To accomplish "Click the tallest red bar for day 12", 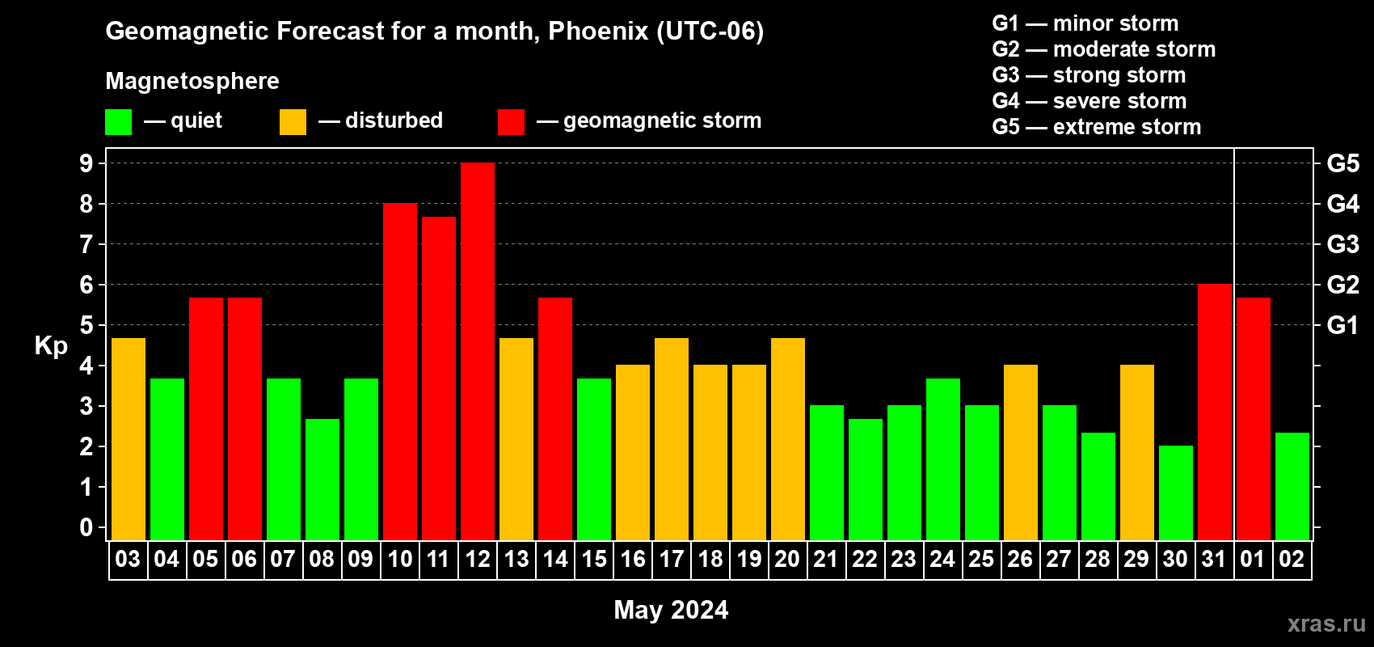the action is point(477,351).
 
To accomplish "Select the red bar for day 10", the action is point(400,371).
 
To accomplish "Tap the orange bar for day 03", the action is point(129,439).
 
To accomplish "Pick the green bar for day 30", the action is point(1176,493).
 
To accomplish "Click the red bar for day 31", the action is point(1215,412).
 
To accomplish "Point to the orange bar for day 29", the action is point(1136,452).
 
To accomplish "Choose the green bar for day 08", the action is point(322,480).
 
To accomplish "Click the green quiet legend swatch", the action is point(118,121).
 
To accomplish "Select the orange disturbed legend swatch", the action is point(293,121).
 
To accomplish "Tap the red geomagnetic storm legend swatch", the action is point(511,121).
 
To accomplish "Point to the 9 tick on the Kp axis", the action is point(86,163).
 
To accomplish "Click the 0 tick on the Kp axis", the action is point(86,527).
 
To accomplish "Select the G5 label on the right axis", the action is point(1343,163).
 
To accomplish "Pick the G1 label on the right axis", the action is point(1343,325).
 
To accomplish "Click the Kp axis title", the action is point(51,345).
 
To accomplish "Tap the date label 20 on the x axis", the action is point(787,559).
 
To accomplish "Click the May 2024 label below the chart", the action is point(671,610).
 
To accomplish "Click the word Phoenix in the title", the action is point(598,31).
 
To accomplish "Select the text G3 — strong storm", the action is point(1089,75).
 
